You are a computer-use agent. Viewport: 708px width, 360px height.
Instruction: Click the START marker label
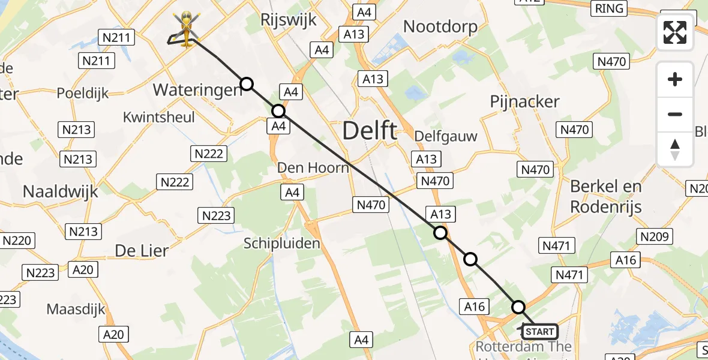point(540,331)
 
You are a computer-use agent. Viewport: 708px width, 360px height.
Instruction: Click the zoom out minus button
point(675,114)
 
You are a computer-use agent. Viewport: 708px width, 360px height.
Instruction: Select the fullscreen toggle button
point(675,32)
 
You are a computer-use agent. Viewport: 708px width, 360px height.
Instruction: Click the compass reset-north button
point(675,149)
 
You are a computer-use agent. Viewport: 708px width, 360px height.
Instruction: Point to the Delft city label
point(370,130)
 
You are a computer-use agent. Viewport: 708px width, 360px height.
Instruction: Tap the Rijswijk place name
point(288,20)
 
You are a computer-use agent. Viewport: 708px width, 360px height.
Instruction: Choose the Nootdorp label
point(440,26)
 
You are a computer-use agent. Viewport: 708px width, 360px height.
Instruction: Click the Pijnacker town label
point(524,101)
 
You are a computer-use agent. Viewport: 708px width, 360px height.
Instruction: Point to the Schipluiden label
point(282,243)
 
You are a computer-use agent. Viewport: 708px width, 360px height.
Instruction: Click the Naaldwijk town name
point(61,191)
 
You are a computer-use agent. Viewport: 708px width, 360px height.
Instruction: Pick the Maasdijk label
point(76,310)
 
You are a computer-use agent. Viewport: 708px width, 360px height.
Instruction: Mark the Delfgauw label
point(446,136)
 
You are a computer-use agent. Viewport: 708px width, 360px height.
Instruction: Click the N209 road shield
point(654,236)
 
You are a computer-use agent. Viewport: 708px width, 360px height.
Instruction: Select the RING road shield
point(608,8)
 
